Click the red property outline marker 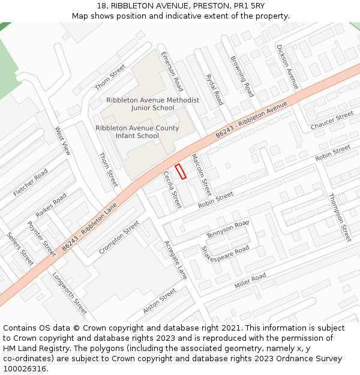point(181,171)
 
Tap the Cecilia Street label point(172,190)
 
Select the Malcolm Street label point(201,175)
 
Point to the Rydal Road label point(214,89)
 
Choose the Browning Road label point(242,76)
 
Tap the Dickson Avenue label point(287,67)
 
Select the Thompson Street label point(340,217)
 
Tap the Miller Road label point(250,280)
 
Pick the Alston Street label point(160,301)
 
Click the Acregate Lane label point(176,260)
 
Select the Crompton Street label point(119,237)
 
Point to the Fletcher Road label point(30,183)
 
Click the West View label point(62,141)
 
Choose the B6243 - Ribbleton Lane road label point(90,227)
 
